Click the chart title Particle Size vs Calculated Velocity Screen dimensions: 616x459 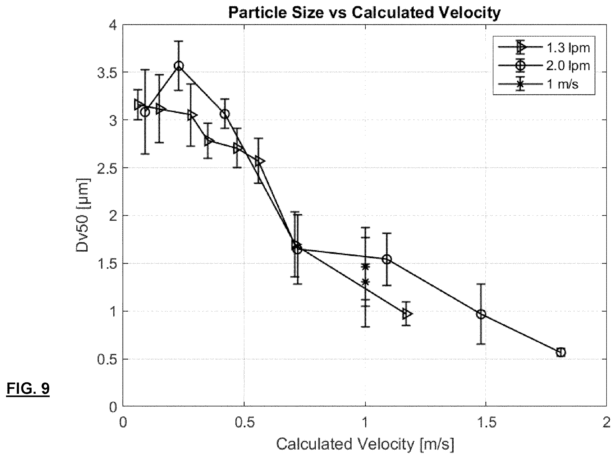(364, 13)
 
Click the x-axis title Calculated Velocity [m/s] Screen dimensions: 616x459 (365, 444)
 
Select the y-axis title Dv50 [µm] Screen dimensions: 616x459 (83, 216)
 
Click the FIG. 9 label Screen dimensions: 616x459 (28, 389)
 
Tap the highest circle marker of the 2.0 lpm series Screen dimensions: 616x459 (179, 66)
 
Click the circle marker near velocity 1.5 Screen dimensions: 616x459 (481, 314)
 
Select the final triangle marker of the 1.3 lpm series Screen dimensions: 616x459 (407, 314)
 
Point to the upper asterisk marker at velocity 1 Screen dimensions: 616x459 (365, 266)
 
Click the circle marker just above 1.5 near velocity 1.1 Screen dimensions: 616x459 (387, 259)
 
